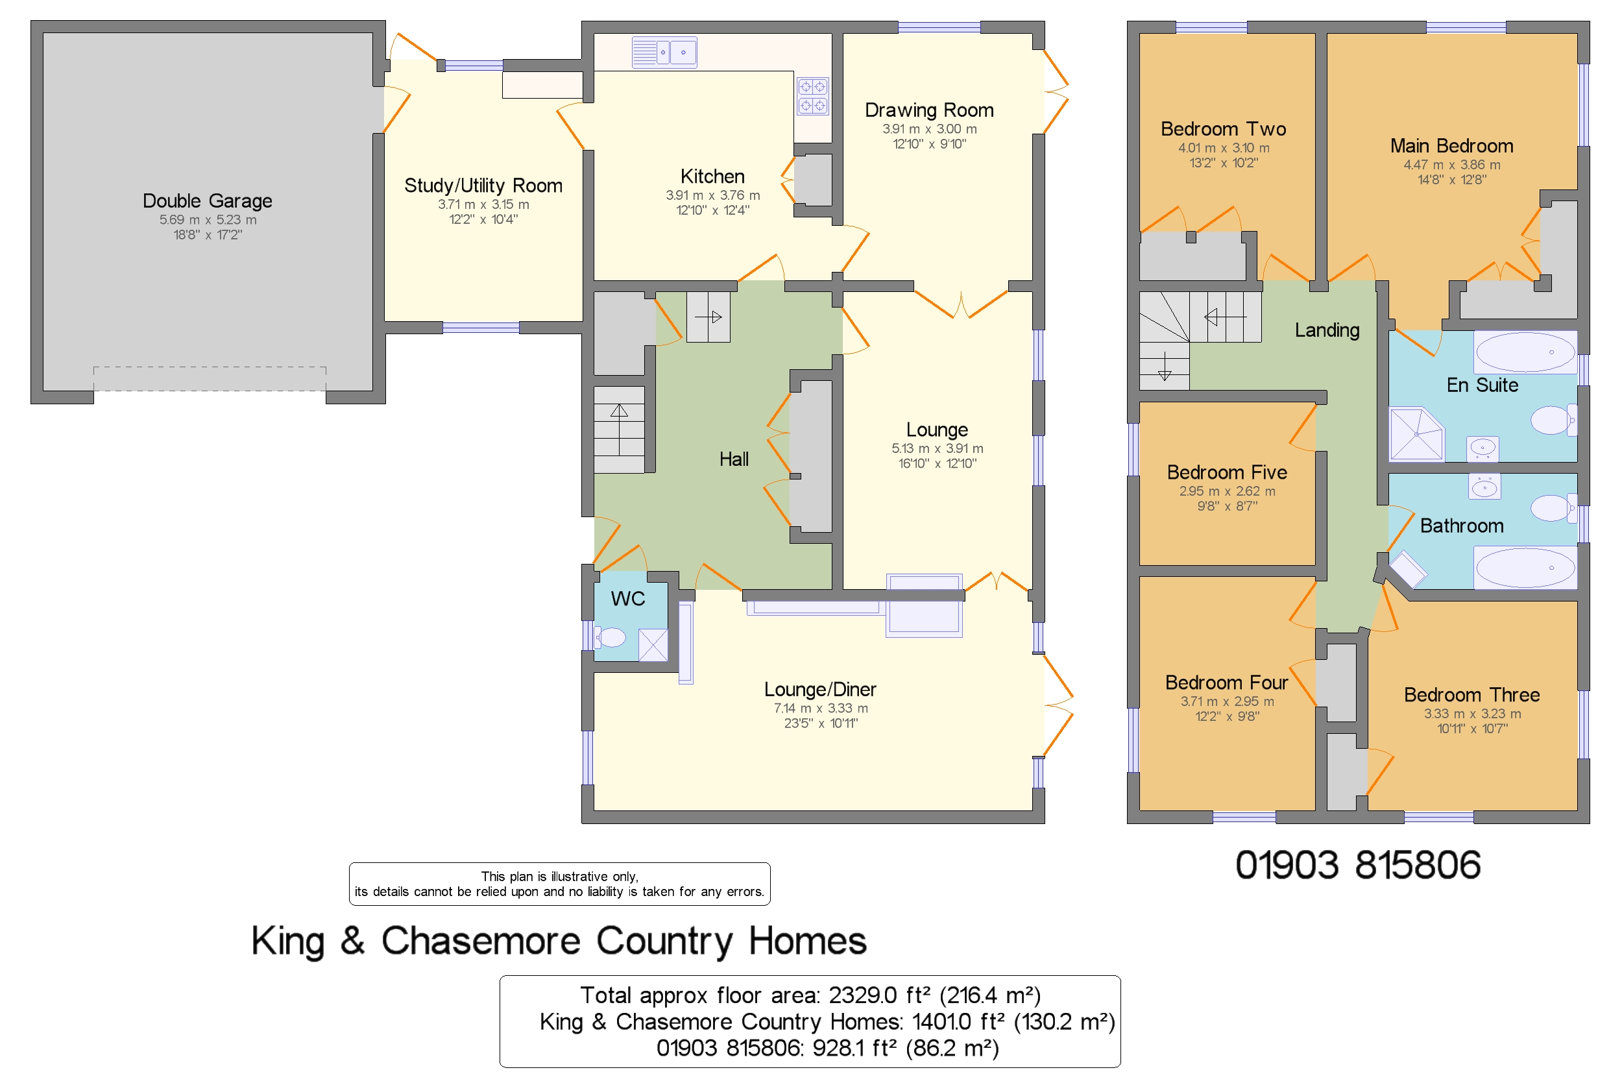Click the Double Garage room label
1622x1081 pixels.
tap(207, 200)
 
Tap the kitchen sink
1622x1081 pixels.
tap(664, 53)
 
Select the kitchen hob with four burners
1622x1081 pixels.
tap(812, 96)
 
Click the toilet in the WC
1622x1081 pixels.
tap(610, 638)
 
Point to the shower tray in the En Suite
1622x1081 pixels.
tap(1416, 434)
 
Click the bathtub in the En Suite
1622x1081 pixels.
tap(1525, 352)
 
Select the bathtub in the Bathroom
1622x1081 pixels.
tap(1525, 567)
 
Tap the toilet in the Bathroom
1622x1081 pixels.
tap(1553, 508)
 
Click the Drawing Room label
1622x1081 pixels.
tap(928, 110)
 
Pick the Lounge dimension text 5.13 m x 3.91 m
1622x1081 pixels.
tap(937, 448)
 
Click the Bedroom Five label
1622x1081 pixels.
tap(1226, 472)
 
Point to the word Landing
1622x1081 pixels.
tap(1326, 330)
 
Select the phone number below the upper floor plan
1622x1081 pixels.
tap(1357, 864)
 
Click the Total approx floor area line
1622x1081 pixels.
tap(810, 995)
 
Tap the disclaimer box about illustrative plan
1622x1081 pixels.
tap(559, 884)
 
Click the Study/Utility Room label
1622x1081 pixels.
tap(483, 186)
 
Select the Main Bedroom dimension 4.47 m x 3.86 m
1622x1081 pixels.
tap(1451, 165)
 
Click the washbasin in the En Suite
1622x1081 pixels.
tap(1482, 448)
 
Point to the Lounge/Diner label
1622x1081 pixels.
tap(819, 689)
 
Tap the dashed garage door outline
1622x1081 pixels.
tap(210, 378)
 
